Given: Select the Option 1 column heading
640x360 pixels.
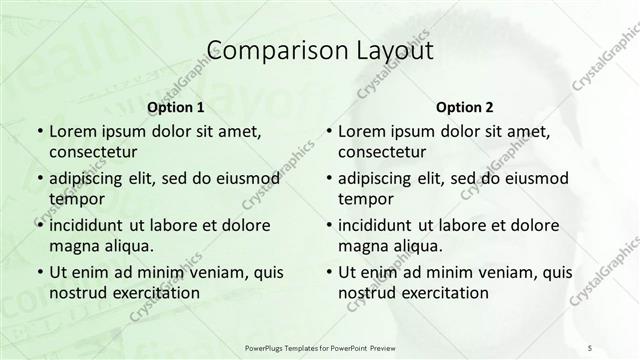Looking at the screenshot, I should tap(176, 107).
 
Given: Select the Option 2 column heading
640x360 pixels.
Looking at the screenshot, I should tap(465, 107).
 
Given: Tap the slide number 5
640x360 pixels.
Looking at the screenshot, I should tap(590, 346).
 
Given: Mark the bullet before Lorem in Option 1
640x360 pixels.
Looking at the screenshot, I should tap(39, 132).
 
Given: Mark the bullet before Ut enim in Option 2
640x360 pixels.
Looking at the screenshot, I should tap(328, 272).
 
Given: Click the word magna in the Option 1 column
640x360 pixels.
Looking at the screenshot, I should tap(72, 246).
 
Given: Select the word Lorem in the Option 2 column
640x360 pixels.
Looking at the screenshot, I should tap(362, 132).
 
